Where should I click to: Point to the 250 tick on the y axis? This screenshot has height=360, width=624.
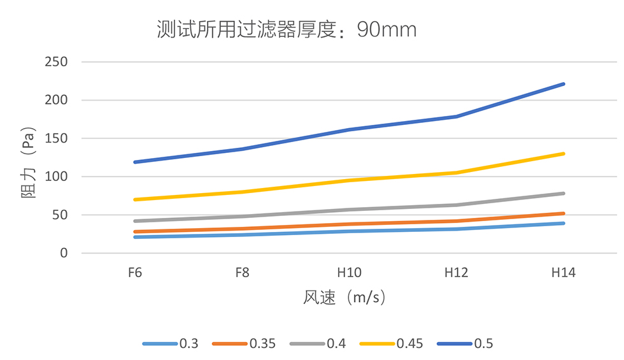pyautogui.click(x=56, y=62)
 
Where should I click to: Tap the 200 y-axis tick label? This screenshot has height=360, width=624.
pyautogui.click(x=56, y=101)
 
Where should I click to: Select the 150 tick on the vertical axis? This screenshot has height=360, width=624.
pyautogui.click(x=56, y=139)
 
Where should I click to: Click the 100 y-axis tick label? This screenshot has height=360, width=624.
pyautogui.click(x=56, y=177)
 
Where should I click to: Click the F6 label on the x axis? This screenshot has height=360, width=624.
pyautogui.click(x=134, y=273)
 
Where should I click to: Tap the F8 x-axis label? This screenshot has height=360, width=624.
pyautogui.click(x=242, y=273)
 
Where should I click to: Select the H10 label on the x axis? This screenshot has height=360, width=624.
pyautogui.click(x=349, y=273)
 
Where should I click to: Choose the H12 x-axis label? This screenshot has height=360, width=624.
pyautogui.click(x=457, y=273)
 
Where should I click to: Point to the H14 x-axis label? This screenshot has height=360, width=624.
pyautogui.click(x=564, y=273)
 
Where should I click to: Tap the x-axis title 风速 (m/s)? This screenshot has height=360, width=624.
pyautogui.click(x=344, y=298)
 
